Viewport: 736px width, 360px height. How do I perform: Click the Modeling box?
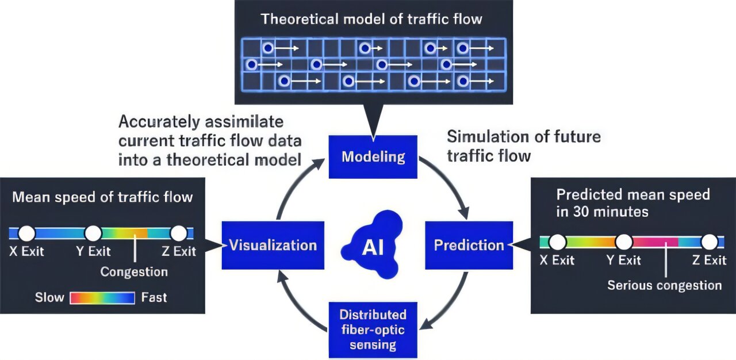pyautogui.click(x=373, y=156)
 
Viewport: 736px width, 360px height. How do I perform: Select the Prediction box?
pyautogui.click(x=469, y=246)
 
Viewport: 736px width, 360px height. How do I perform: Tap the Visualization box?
pyautogui.click(x=273, y=246)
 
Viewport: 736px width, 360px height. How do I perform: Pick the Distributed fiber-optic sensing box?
pyautogui.click(x=373, y=330)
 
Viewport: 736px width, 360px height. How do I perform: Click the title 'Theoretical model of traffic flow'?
pyautogui.click(x=371, y=18)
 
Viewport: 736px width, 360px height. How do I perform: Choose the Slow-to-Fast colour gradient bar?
pyautogui.click(x=102, y=298)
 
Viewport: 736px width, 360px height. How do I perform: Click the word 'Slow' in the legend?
pyautogui.click(x=49, y=298)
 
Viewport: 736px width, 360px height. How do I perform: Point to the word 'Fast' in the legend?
pyautogui.click(x=154, y=298)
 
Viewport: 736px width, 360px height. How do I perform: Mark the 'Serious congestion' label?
pyautogui.click(x=664, y=285)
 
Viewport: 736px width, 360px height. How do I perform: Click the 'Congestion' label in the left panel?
pyautogui.click(x=134, y=271)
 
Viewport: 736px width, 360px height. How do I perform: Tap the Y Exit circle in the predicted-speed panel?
pyautogui.click(x=624, y=242)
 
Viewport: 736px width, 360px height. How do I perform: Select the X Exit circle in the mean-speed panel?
pyautogui.click(x=27, y=233)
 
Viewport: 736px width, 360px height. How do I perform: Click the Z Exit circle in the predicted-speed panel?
pyautogui.click(x=709, y=242)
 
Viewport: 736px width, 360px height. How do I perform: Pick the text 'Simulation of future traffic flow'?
pyautogui.click(x=523, y=145)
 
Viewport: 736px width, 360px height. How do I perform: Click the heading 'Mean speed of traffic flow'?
pyautogui.click(x=102, y=197)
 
